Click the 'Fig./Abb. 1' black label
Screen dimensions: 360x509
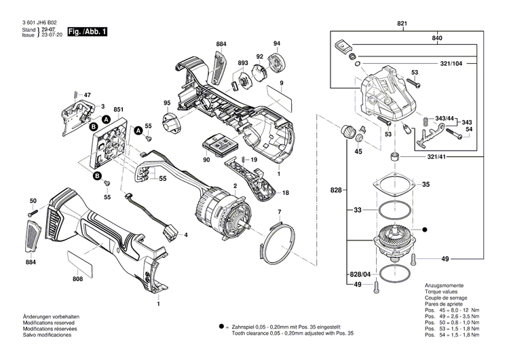[x=88, y=31]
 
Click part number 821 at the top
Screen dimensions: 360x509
[x=402, y=24]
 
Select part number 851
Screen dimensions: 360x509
[x=118, y=109]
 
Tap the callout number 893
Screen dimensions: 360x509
[x=242, y=63]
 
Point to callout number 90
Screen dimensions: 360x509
[x=206, y=160]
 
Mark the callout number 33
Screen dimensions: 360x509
[x=357, y=211]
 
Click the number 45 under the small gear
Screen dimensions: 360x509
[x=358, y=152]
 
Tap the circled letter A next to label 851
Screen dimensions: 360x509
[x=105, y=120]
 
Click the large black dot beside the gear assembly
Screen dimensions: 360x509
[x=426, y=230]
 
